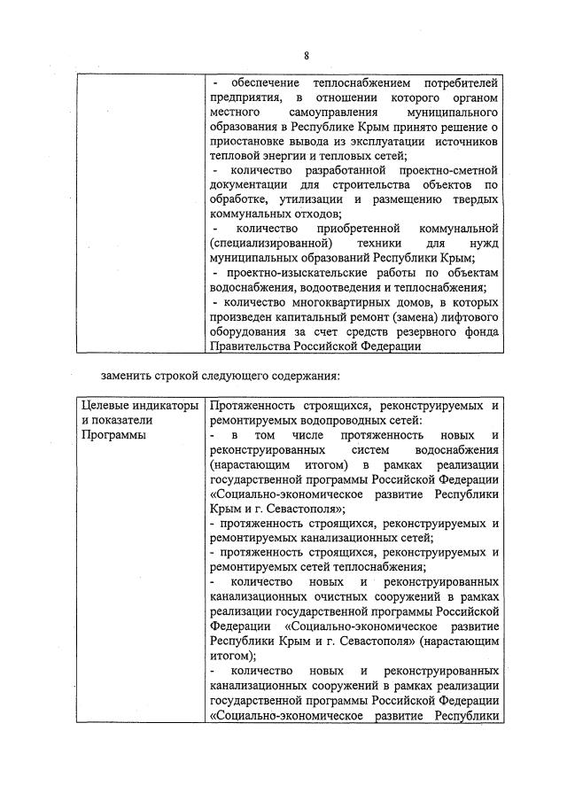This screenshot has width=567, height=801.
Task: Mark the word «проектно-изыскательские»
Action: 298,272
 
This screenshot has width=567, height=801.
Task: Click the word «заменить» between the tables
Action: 125,382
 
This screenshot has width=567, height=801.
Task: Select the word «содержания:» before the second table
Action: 316,382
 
